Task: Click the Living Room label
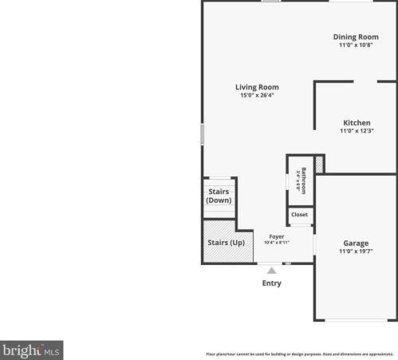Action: pos(257,87)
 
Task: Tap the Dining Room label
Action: pos(356,37)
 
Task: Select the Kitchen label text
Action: pos(357,122)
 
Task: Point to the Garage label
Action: pos(356,243)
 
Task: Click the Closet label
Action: pos(299,215)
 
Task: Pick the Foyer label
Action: pos(277,236)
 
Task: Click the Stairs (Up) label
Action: pos(226,243)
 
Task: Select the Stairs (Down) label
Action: pos(219,196)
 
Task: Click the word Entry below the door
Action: pos(271,283)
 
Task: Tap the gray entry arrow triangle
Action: pos(271,271)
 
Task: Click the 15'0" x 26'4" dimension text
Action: pos(257,96)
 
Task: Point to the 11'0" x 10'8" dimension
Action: pos(356,45)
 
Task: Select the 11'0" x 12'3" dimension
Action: pos(357,131)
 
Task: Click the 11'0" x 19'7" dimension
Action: pos(356,251)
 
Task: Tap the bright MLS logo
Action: pos(32,350)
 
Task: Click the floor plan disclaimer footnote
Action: pos(300,353)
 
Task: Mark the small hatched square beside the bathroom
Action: pos(319,164)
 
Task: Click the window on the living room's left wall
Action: pos(202,133)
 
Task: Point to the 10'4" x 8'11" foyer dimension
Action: pos(277,243)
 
